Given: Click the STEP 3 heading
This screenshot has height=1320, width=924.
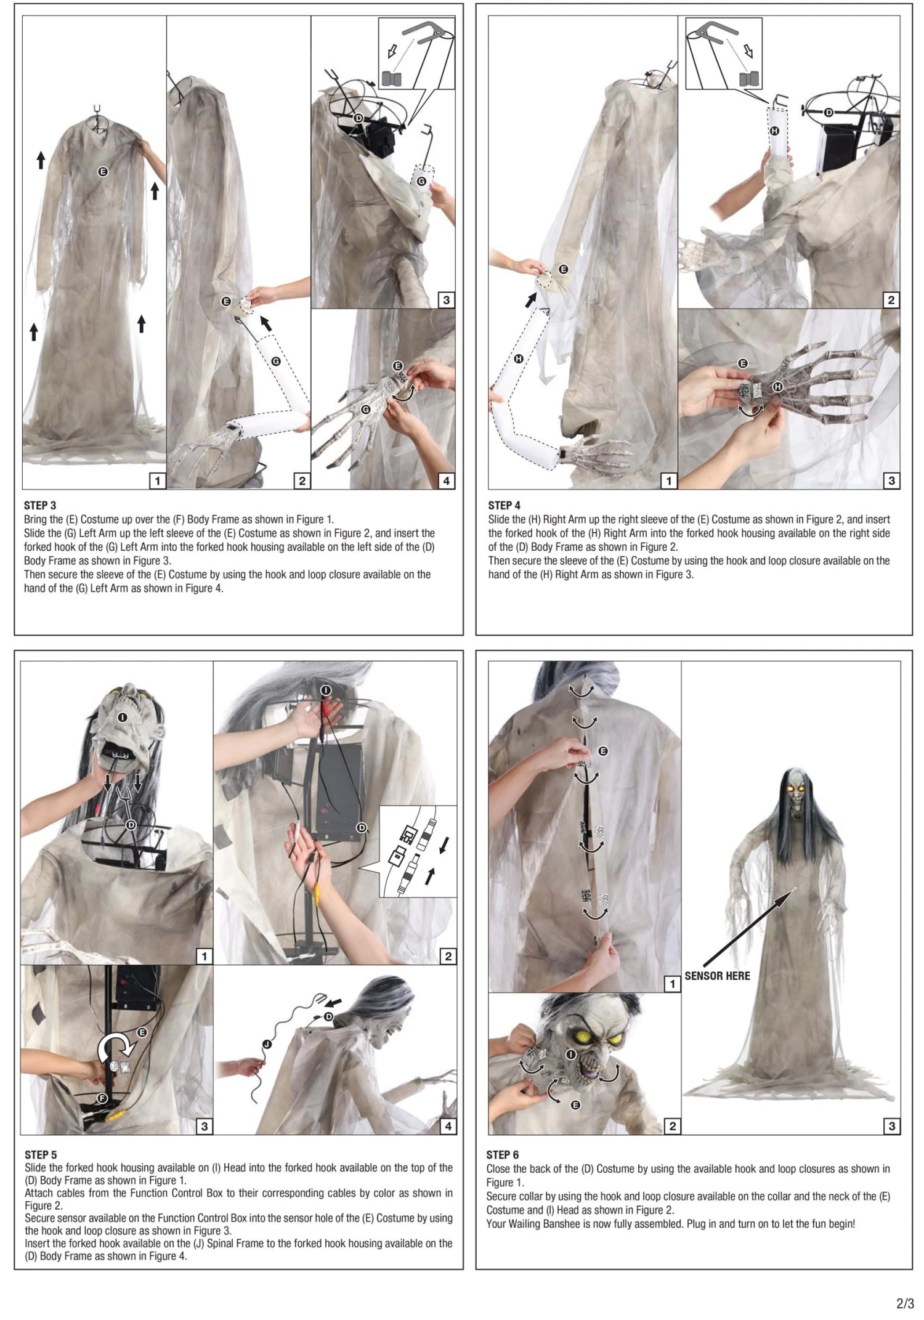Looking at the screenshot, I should click(40, 505).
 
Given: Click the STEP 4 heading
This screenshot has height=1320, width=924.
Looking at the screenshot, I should click(504, 505).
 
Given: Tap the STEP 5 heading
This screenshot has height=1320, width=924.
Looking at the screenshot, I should click(41, 1154).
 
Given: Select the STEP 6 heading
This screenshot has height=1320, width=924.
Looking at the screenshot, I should click(503, 1154).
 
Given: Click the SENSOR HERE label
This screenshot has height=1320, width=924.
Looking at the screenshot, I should click(717, 976).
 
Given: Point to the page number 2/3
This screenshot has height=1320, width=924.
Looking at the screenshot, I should click(905, 1303).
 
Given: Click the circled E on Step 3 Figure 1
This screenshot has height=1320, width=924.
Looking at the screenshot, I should click(103, 172).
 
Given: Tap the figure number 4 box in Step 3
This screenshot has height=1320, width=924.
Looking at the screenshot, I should click(446, 480).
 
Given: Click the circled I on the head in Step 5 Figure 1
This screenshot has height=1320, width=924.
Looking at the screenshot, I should click(123, 718).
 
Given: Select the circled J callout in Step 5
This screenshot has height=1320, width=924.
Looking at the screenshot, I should click(267, 1044).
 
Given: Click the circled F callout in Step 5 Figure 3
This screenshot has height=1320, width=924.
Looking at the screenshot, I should click(103, 1098).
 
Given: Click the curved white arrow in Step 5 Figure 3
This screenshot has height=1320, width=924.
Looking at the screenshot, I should click(117, 1048).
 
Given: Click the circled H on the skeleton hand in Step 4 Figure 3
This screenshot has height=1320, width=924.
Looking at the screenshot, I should click(777, 386).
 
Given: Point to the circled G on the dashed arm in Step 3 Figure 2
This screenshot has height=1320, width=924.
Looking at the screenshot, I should click(276, 362).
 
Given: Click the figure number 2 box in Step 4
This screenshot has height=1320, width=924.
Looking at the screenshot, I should click(891, 300).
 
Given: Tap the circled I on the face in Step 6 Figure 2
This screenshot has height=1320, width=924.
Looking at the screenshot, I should click(571, 1055).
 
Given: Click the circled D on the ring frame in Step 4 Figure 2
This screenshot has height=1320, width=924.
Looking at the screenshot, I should click(829, 113).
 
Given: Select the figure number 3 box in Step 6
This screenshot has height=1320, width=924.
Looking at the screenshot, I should click(891, 1126).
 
